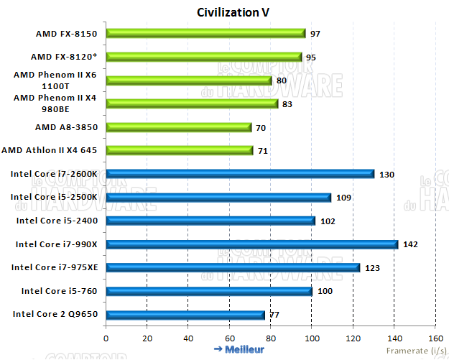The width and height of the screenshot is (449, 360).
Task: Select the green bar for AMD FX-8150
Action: pyautogui.click(x=205, y=33)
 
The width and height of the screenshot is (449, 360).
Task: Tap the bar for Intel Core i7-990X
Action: pyautogui.click(x=251, y=244)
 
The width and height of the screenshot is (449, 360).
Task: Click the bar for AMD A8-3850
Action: pyautogui.click(x=178, y=127)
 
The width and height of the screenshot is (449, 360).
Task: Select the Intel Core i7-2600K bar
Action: pyautogui.click(x=240, y=174)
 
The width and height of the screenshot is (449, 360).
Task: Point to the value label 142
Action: pyautogui.click(x=410, y=244)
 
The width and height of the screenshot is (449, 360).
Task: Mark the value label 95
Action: pyautogui.click(x=311, y=57)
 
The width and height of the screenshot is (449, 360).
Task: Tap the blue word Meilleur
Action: pyautogui.click(x=244, y=349)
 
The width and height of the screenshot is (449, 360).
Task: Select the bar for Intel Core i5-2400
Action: pyautogui.click(x=210, y=221)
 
